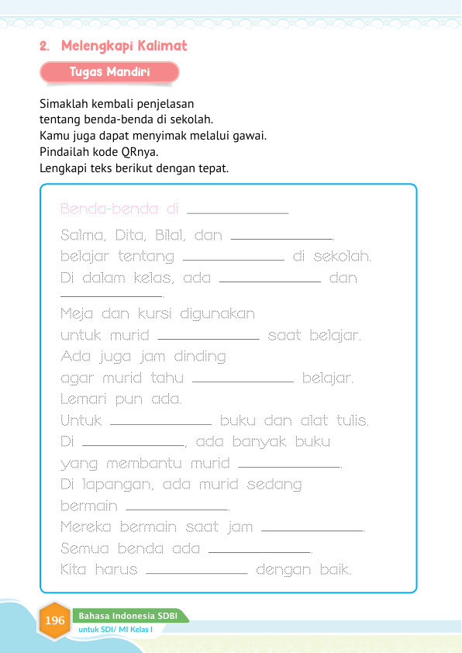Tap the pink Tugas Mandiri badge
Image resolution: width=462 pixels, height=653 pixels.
(x=109, y=72)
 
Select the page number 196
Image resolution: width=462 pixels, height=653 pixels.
(x=55, y=620)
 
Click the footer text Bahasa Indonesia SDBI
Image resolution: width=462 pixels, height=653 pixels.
(x=128, y=616)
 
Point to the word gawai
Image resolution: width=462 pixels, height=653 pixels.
(x=249, y=135)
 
